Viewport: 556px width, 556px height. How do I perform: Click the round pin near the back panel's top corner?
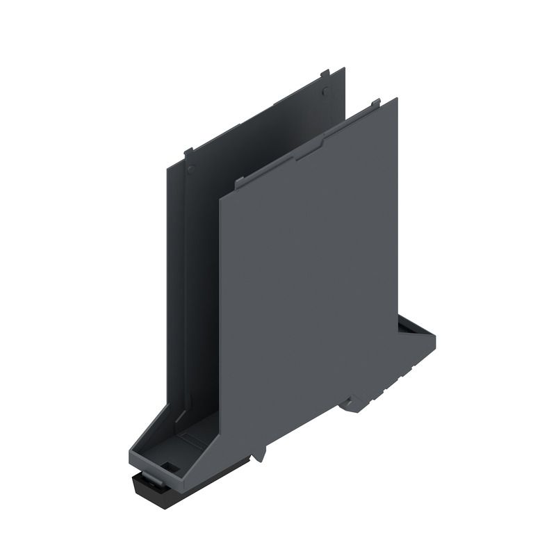[325, 90]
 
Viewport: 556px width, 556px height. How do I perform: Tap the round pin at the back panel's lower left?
[191, 168]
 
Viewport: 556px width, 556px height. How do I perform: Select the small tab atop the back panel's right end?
[324, 72]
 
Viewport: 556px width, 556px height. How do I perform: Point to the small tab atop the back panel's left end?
[188, 153]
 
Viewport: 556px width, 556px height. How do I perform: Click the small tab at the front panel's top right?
[375, 104]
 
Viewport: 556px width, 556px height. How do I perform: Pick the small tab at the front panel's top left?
[239, 183]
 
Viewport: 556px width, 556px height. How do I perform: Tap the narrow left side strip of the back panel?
[176, 278]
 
